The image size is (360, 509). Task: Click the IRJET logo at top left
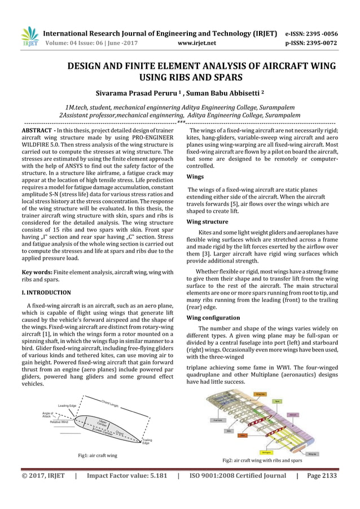[x=29, y=36]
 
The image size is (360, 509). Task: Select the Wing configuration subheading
[x=213, y=318]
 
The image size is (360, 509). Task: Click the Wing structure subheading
[x=208, y=222]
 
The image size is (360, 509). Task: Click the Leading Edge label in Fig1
[x=67, y=406]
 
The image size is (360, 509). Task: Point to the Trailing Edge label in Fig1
[x=147, y=442]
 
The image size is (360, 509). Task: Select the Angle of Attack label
[x=47, y=415]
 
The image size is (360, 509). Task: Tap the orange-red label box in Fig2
[x=243, y=436]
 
